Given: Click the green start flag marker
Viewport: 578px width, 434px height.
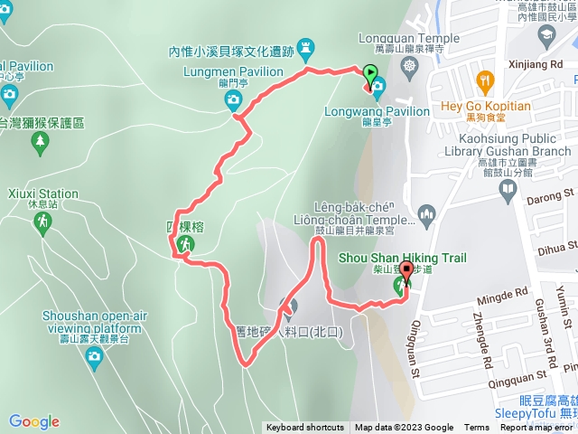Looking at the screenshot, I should [370, 75].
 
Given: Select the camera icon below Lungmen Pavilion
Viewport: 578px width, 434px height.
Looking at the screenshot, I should [233, 99].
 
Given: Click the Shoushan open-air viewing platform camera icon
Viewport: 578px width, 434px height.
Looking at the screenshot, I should [93, 358].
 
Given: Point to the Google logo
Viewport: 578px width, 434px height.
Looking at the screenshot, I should [34, 421].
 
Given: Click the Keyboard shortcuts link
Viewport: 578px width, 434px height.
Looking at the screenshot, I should [304, 428].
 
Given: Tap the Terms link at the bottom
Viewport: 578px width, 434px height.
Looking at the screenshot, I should [477, 428].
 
